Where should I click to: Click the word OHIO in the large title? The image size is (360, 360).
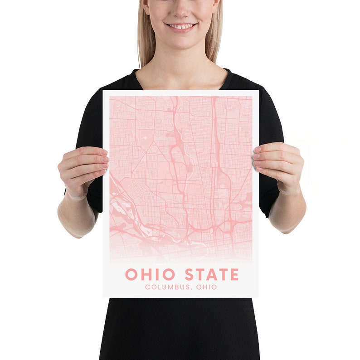[150, 274]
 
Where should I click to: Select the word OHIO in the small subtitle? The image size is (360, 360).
[207, 287]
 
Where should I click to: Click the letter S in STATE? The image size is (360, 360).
[190, 274]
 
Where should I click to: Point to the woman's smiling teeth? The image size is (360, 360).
[181, 26]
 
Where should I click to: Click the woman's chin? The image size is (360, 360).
[180, 44]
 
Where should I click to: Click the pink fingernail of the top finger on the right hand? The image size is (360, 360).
[257, 150]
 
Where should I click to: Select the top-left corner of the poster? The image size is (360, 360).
[103, 91]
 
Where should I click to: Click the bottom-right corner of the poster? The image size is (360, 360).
[258, 297]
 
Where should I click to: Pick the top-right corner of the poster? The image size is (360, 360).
[258, 91]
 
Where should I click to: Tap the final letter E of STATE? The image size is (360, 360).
[234, 274]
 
